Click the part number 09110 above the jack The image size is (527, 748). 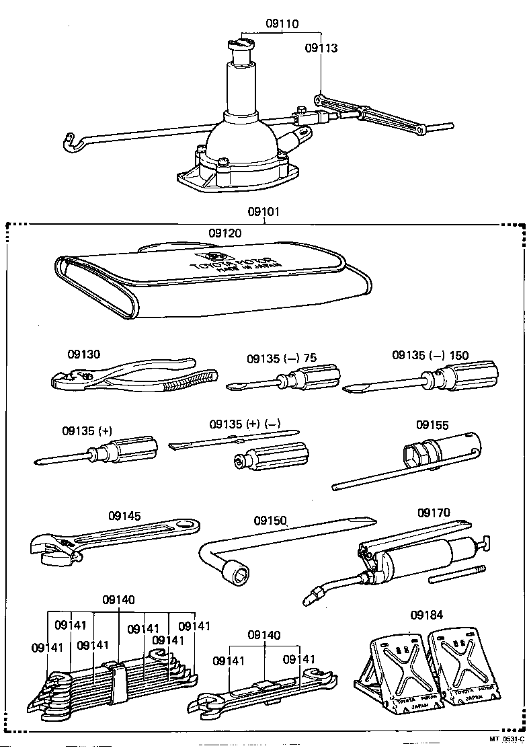click(x=282, y=24)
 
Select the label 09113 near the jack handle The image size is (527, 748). click(x=321, y=48)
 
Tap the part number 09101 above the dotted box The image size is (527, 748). click(x=263, y=212)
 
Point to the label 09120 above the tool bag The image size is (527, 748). click(x=225, y=233)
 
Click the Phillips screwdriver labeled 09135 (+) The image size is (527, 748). click(x=101, y=454)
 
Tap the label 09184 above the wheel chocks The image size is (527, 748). click(x=426, y=615)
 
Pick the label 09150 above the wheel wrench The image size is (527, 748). click(x=270, y=521)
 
